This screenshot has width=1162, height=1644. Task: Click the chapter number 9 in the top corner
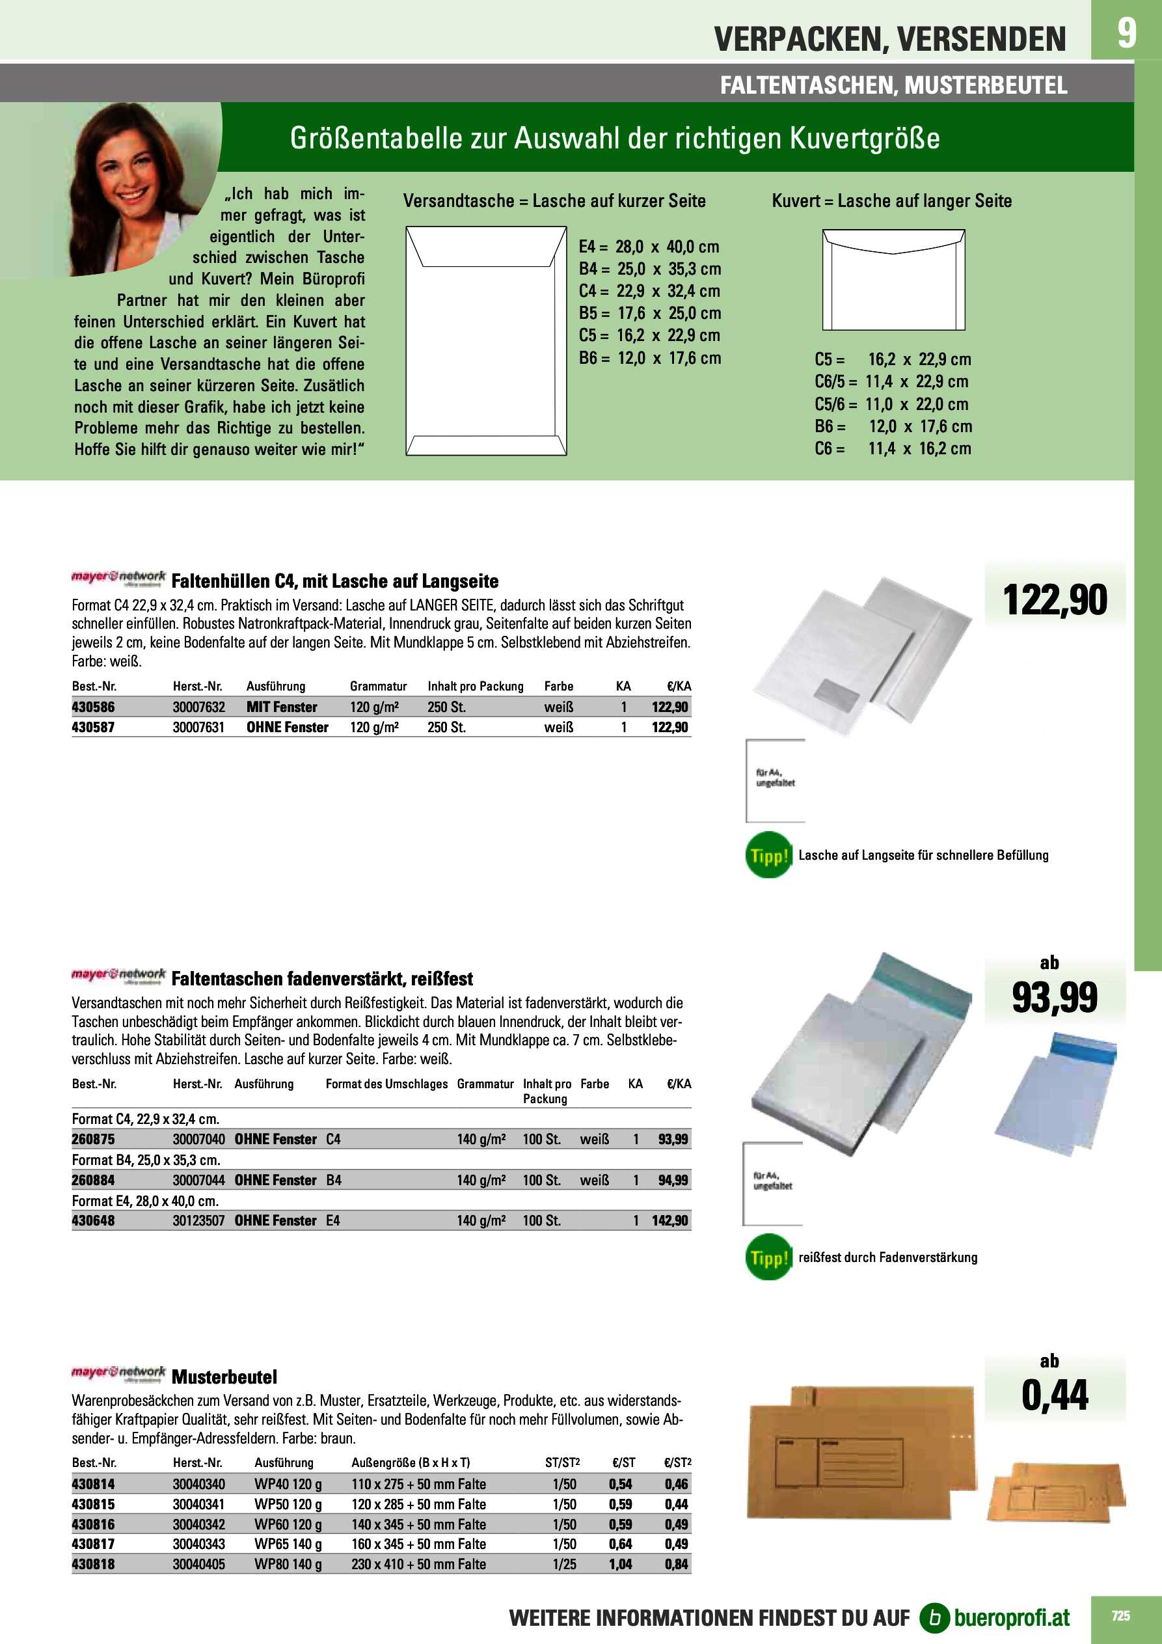(1126, 33)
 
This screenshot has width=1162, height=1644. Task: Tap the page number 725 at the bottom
(1120, 1615)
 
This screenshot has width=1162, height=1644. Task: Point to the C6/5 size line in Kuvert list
(891, 381)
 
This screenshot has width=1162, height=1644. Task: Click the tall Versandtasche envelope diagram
(486, 341)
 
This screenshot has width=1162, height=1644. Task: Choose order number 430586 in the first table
(93, 707)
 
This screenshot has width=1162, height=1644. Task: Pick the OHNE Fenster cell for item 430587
(287, 728)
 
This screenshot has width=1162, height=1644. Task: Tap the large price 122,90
(1055, 600)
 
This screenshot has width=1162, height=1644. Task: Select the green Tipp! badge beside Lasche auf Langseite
(768, 855)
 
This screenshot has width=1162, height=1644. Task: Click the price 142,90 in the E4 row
(669, 1221)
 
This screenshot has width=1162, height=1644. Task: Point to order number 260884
(93, 1180)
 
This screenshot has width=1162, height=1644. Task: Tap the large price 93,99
(1054, 998)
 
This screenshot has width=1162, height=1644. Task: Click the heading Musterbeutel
(224, 1377)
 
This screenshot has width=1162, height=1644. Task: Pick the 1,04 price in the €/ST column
(620, 1565)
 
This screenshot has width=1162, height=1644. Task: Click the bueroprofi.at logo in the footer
(995, 1617)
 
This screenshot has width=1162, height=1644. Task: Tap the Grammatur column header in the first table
(378, 686)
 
